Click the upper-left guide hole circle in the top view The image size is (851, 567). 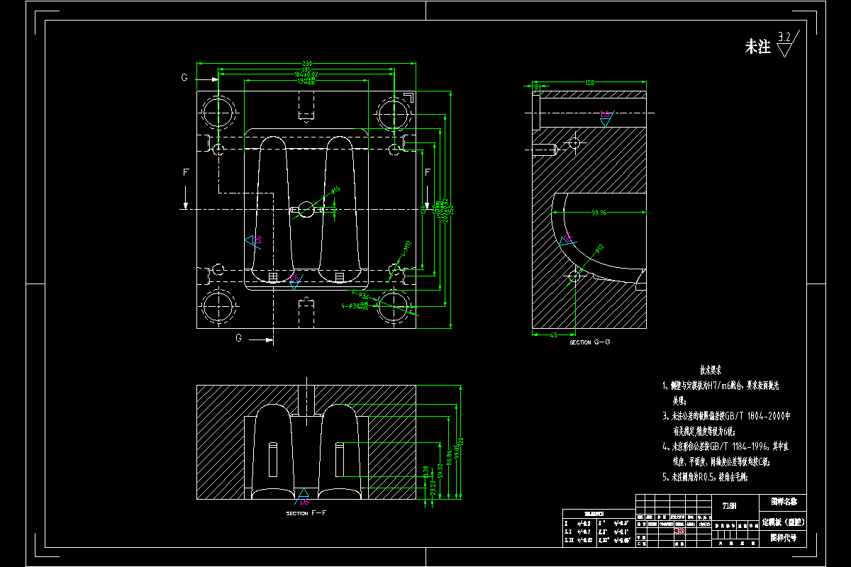218,113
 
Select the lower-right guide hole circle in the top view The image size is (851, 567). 394,306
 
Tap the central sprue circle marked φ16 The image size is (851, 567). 306,209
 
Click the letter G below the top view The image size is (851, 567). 240,339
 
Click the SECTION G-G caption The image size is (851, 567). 589,342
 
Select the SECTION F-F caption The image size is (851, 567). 306,512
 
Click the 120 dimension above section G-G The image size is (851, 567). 589,83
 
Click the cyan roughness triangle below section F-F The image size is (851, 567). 304,493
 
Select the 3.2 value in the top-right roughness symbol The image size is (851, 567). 785,37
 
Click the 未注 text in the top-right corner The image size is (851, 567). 757,47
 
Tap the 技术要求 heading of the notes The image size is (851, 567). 711,370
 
